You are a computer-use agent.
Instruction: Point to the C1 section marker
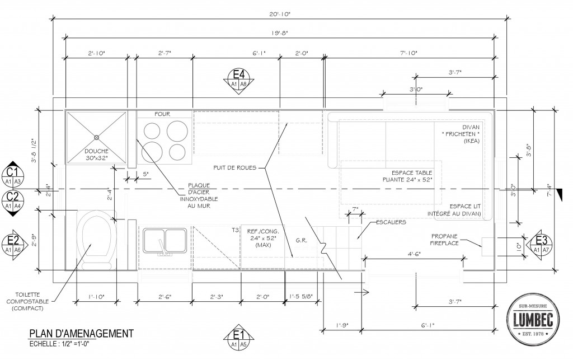(15, 175)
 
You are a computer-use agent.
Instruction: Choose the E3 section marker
(539, 242)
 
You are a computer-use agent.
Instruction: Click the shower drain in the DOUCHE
(96, 137)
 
